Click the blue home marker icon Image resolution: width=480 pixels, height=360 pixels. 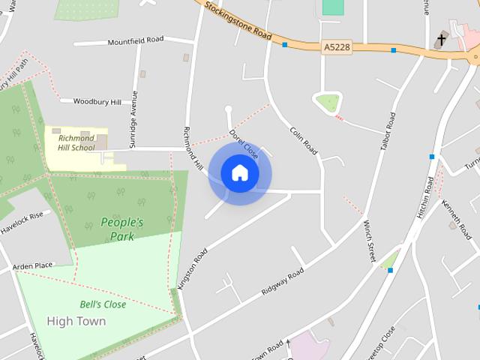pos(240,172)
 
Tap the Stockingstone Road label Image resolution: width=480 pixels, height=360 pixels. pos(239,22)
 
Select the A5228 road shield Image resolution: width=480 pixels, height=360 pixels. pos(337,46)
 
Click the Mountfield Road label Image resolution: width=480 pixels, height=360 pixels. pos(135,40)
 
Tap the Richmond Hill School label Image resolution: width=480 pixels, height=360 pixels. pos(76,142)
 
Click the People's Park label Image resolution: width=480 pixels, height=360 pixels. pos(121,229)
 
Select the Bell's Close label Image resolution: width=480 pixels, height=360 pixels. pos(103,304)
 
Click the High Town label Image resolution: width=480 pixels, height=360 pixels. pos(76,321)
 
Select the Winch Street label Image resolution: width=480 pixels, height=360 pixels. pos(369,241)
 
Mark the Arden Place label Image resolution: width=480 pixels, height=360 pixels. pos(33,265)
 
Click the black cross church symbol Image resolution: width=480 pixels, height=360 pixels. pos(442,39)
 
